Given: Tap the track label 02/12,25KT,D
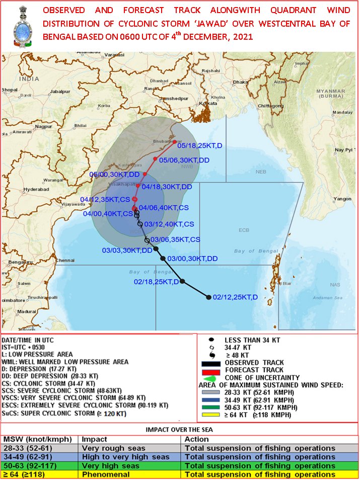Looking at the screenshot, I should coord(235,297).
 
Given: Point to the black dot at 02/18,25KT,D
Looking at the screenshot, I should coord(182,282).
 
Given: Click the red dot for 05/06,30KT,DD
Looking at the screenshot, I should coord(156,159).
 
